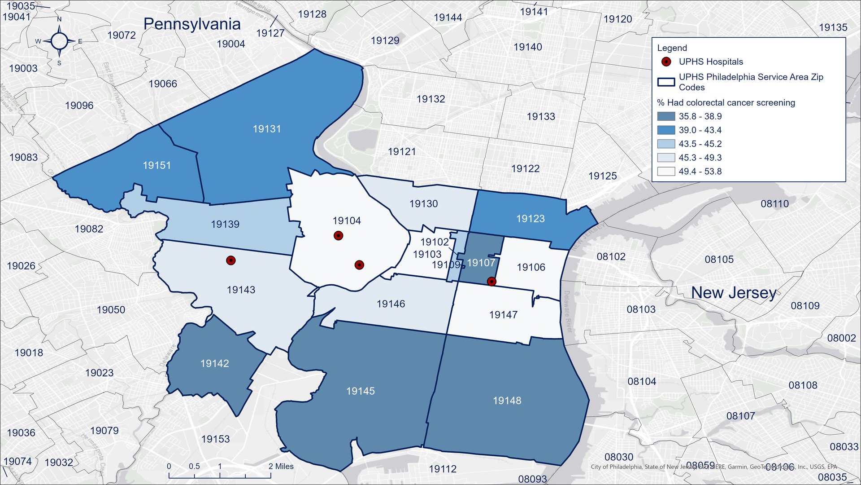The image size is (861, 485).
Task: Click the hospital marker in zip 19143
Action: click(x=230, y=260)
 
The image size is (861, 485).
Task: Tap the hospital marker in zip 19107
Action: click(x=491, y=282)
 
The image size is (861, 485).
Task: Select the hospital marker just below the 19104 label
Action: click(x=339, y=236)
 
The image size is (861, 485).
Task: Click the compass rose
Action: click(x=59, y=41)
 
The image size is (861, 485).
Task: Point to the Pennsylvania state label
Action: click(x=192, y=24)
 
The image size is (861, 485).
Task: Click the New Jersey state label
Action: click(x=734, y=293)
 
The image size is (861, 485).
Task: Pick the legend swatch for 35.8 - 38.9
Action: click(x=666, y=116)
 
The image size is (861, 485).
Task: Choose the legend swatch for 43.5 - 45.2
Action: click(x=666, y=144)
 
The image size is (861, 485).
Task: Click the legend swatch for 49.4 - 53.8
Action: click(x=666, y=172)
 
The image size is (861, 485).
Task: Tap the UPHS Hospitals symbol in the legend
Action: click(x=666, y=62)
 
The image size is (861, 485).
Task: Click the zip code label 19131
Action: click(x=267, y=129)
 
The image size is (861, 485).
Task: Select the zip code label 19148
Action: click(x=507, y=401)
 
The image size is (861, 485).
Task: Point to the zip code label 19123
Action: click(x=531, y=219)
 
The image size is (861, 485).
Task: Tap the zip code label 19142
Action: click(x=214, y=364)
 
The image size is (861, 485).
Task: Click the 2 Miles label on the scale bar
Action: click(x=281, y=467)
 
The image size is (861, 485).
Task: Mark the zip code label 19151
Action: click(x=157, y=166)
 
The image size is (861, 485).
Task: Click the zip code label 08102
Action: click(x=611, y=257)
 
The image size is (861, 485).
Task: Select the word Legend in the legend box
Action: click(x=672, y=48)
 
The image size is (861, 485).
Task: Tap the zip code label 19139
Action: click(x=225, y=225)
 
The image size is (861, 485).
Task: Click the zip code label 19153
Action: click(x=215, y=439)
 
